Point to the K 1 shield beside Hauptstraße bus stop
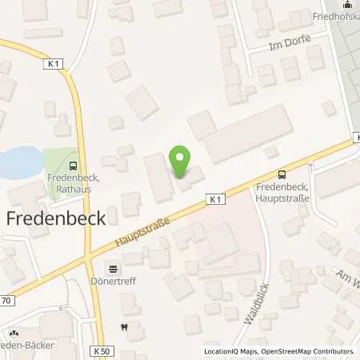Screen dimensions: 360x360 (x=215, y=198)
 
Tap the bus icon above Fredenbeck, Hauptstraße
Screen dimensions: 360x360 (x=281, y=174)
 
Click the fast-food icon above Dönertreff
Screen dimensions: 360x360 (x=113, y=270)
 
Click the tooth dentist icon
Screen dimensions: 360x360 (x=123, y=326)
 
